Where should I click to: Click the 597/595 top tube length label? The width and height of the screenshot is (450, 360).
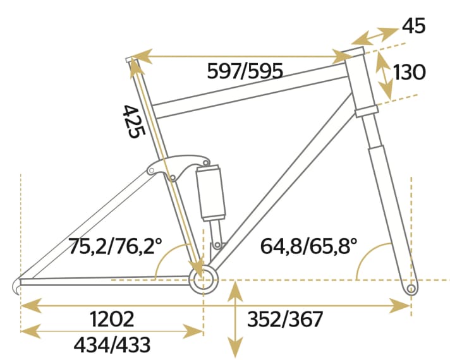point(245,71)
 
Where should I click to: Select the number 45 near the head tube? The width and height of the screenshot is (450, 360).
point(413,26)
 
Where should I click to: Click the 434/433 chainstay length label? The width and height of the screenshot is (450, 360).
point(112,344)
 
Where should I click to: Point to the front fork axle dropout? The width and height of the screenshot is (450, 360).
point(411,289)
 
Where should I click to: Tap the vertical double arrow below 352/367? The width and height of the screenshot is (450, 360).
point(235,320)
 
